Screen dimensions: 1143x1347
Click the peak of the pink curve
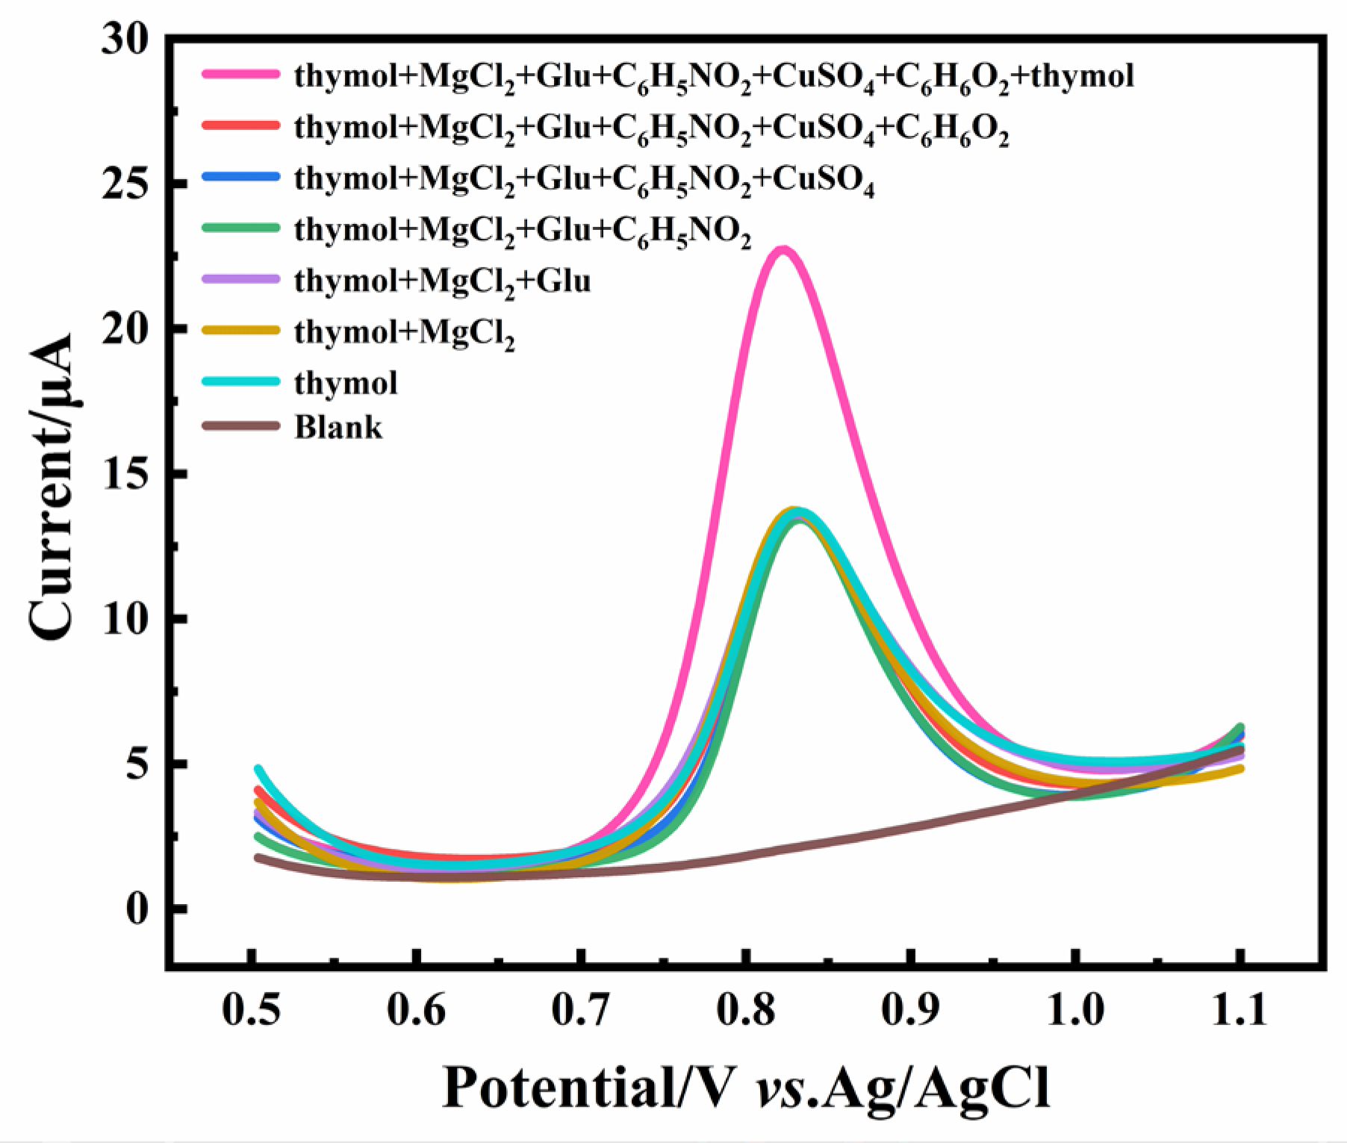(x=782, y=250)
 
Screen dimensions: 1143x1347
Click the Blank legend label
(x=338, y=427)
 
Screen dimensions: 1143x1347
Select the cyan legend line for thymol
(x=240, y=381)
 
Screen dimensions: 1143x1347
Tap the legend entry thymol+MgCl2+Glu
(x=442, y=281)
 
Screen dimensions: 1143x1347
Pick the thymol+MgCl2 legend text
(x=404, y=332)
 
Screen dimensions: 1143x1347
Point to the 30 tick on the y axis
(x=125, y=39)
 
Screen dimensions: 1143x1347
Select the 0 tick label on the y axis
(x=136, y=909)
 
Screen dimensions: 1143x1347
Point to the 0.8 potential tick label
(x=745, y=1009)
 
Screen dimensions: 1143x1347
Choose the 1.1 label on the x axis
(x=1239, y=1009)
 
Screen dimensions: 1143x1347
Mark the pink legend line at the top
(x=240, y=74)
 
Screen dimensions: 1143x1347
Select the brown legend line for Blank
(x=240, y=426)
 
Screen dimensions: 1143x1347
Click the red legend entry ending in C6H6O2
(x=651, y=128)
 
